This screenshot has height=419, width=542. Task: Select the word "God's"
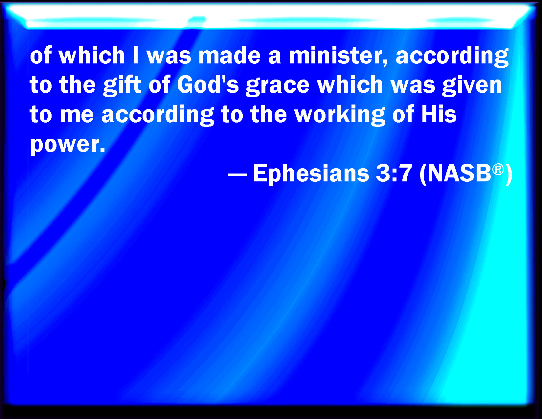click(x=208, y=85)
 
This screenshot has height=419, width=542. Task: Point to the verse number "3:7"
click(x=394, y=174)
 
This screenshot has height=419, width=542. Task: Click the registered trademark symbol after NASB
click(x=498, y=170)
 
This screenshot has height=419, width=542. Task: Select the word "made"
click(x=230, y=56)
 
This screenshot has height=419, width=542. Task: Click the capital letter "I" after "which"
click(x=136, y=56)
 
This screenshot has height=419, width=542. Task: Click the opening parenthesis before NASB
click(x=423, y=175)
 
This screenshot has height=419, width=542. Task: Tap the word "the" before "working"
click(x=269, y=114)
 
